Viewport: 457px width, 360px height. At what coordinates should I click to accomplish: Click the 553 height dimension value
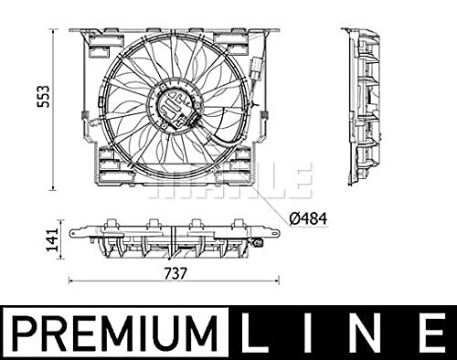pos(43,97)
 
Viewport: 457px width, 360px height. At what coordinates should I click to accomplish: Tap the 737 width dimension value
pos(175,273)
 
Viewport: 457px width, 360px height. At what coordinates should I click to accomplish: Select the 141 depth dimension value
pos(52,240)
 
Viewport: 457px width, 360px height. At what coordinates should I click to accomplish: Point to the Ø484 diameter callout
pos(308,218)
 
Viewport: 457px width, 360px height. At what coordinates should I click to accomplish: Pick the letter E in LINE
pos(431,334)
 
